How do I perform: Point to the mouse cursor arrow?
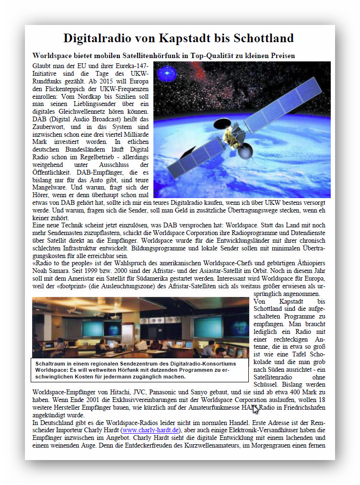click(x=255, y=409)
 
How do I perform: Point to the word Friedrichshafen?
click(x=304, y=407)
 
